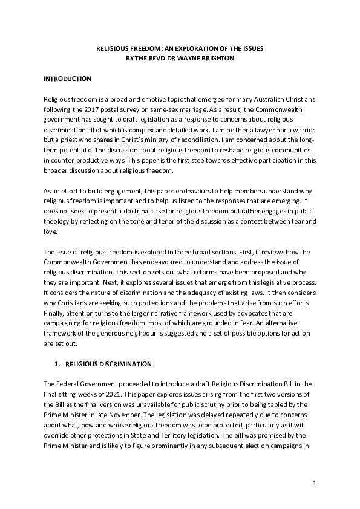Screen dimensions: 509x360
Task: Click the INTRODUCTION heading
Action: pyautogui.click(x=67, y=79)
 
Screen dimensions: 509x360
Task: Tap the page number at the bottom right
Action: pyautogui.click(x=315, y=483)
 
